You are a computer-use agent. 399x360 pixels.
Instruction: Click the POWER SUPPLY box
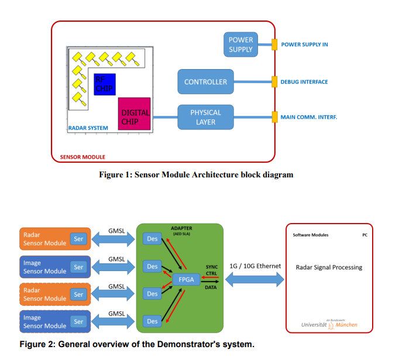240,44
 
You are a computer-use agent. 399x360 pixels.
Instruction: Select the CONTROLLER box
205,82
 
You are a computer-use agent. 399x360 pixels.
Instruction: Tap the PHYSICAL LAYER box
205,117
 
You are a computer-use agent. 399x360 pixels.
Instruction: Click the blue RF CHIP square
105,85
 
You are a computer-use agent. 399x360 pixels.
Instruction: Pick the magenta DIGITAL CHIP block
135,113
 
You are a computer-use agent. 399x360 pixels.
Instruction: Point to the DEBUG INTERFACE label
304,82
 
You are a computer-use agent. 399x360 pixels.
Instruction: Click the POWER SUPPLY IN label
304,44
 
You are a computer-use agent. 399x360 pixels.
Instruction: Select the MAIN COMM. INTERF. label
309,117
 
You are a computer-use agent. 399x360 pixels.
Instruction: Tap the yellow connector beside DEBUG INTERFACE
274,82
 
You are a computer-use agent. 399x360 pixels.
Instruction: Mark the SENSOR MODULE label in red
82,156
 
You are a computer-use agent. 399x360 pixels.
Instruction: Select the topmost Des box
152,239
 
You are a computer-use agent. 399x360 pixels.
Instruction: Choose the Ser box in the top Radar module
78,239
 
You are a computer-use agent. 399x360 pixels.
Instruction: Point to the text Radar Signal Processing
328,268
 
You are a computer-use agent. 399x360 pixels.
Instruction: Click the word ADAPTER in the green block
181,228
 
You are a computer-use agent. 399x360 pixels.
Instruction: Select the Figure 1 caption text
196,174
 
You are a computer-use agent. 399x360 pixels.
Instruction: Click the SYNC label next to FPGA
212,267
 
